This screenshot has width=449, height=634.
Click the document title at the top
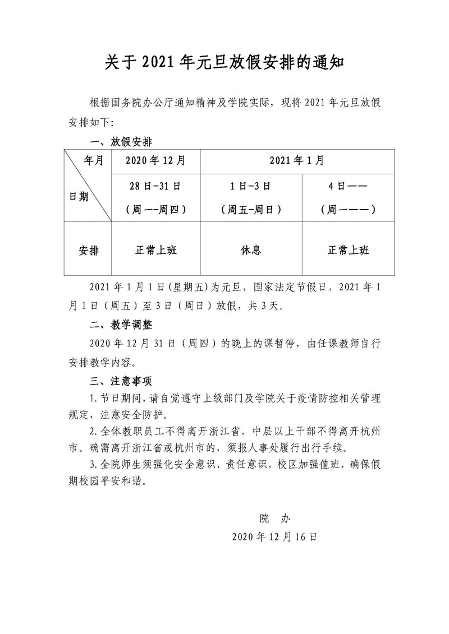tap(224, 62)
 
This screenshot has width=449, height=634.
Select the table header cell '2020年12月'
tap(155, 161)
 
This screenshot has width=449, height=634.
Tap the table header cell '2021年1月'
tap(296, 161)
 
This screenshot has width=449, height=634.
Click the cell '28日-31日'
tap(155, 186)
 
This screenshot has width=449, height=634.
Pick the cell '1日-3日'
tap(250, 186)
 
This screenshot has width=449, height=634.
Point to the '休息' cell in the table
tap(250, 250)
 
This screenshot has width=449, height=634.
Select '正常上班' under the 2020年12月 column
tap(155, 250)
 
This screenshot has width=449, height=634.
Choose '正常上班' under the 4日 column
tap(348, 250)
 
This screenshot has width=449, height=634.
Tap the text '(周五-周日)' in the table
tap(250, 210)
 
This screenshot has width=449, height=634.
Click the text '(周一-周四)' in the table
tap(155, 210)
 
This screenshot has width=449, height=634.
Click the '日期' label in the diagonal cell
tap(79, 197)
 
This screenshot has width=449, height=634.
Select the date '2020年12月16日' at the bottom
tap(274, 536)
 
